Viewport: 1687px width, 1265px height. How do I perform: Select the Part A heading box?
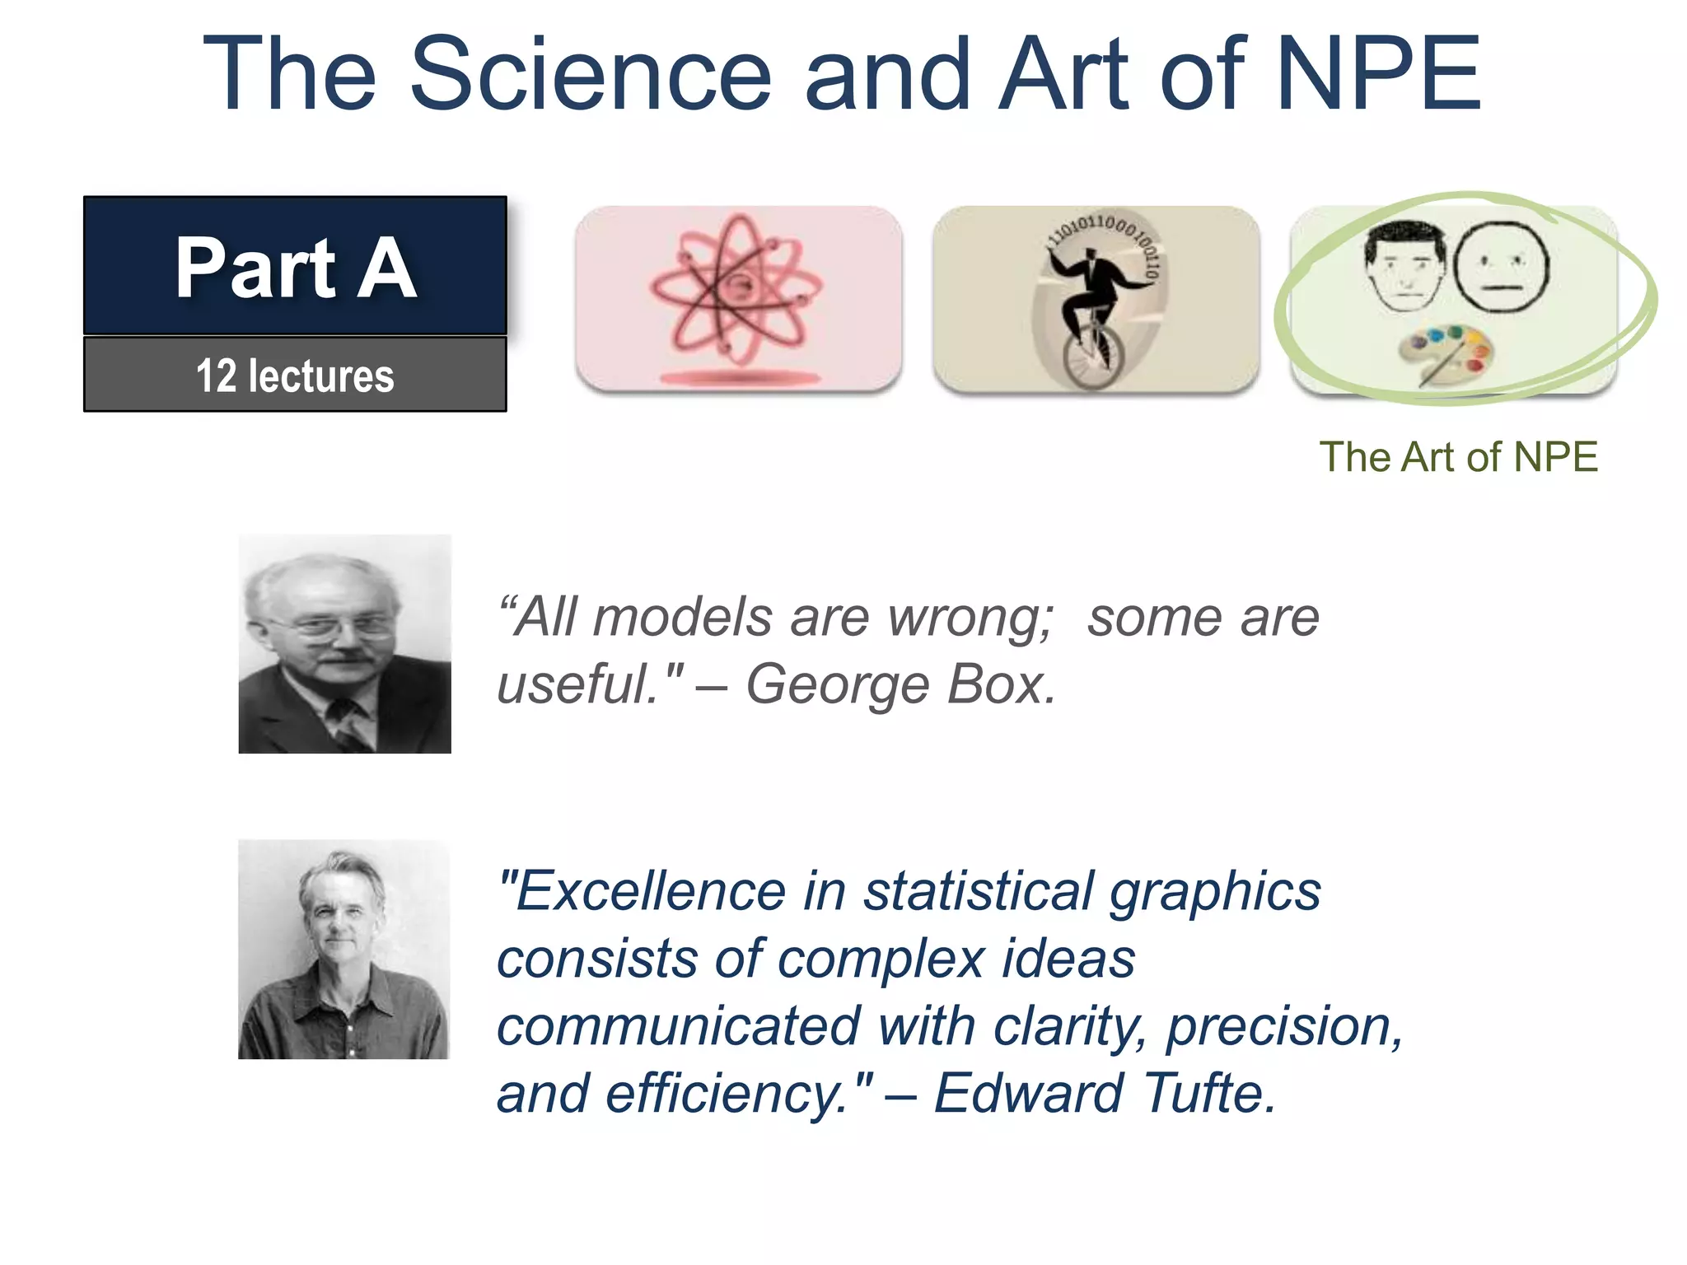coord(295,265)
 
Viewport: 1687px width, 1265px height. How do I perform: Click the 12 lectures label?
coord(295,376)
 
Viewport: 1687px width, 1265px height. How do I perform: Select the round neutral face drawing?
coord(1501,265)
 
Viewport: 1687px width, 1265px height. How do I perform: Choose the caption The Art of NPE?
coord(1458,457)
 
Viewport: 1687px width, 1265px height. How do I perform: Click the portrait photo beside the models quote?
coord(344,643)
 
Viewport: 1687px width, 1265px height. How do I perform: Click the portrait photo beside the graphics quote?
coord(343,949)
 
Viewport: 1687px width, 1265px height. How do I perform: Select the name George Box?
coord(900,684)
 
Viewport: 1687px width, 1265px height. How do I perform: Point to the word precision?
coord(1283,1027)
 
